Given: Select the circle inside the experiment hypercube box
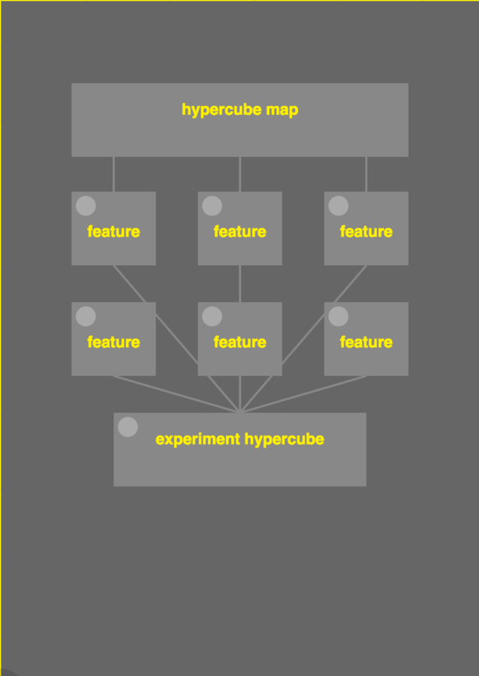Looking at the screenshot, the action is pos(128,427).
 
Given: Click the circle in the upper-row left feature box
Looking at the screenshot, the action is pos(86,206).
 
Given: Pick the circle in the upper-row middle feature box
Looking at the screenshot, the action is pos(212,206).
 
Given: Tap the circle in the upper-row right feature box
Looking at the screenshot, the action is pos(339,206).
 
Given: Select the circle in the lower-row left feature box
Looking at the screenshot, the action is pos(86,316).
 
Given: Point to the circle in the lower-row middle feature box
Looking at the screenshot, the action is pos(212,316).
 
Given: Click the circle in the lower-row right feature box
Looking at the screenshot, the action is pos(339,316).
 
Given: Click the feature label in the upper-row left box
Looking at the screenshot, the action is pos(113,231).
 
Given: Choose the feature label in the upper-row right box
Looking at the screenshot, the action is pos(366,231).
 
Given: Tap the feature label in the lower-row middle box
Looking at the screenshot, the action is pos(239,342).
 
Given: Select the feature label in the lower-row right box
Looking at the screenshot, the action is pos(366,342).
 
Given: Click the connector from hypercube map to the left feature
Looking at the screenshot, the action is pos(113,174).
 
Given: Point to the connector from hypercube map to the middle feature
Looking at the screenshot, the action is pos(239,174).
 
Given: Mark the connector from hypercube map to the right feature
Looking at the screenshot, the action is pos(366,174).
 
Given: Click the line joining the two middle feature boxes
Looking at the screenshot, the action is pos(239,283).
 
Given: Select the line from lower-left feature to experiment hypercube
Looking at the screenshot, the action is pos(176,394).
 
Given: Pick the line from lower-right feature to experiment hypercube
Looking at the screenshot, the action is pos(303,394).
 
